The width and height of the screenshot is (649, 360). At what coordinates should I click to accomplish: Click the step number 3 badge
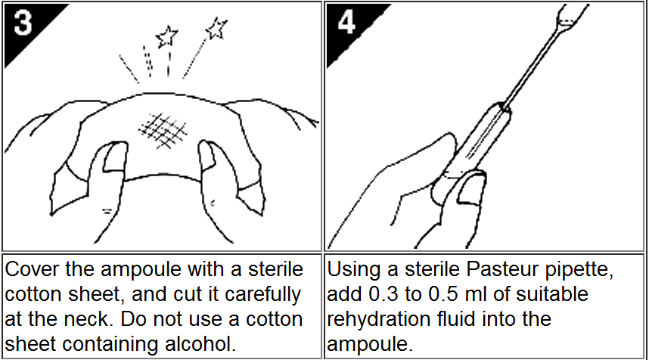click(23, 23)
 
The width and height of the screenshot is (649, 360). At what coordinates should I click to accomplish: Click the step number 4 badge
click(346, 23)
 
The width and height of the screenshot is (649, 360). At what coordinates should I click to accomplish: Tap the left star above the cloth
click(167, 36)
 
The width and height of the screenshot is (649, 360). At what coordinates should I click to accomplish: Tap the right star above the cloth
click(216, 28)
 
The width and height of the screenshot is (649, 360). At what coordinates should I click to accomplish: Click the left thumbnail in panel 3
click(113, 157)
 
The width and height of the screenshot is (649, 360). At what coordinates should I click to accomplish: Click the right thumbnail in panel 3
click(207, 155)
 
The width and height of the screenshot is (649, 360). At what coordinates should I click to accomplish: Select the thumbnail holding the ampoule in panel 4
click(471, 188)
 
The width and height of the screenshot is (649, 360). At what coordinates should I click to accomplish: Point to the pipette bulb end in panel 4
click(573, 16)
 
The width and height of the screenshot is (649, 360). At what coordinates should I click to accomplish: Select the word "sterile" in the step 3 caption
click(275, 269)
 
